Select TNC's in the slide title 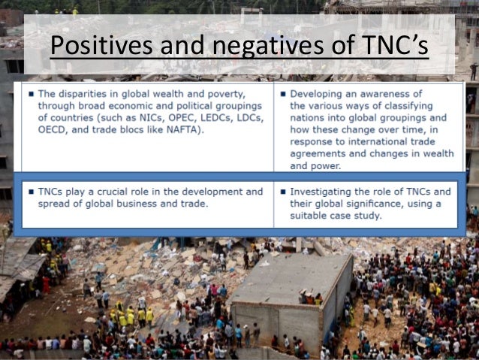point(393,47)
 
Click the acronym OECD point(53,129)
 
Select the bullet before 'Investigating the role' point(282,192)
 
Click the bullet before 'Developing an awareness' point(282,93)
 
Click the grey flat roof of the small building point(289,278)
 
